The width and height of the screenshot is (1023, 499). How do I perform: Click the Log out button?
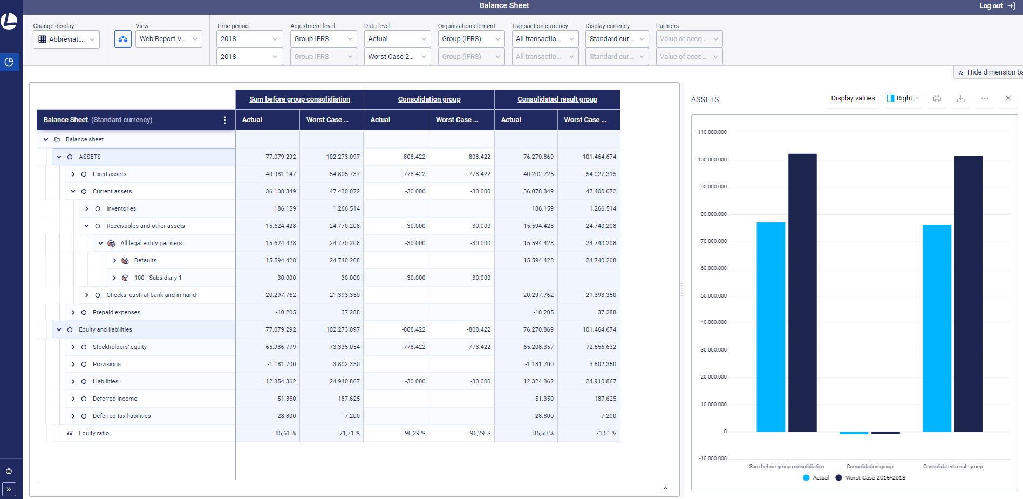997,6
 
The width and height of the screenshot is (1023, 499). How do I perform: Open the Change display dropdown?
66,39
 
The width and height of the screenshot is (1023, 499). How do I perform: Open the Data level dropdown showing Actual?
397,39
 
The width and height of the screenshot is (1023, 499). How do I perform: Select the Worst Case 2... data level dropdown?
397,57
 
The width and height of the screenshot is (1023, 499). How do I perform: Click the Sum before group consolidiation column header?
299,99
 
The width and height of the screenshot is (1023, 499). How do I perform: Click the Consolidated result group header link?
557,99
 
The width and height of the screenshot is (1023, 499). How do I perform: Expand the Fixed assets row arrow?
73,174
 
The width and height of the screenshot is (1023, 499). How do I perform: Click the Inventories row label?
121,208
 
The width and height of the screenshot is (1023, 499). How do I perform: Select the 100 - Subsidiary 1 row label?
158,278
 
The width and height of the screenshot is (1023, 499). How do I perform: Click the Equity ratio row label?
94,433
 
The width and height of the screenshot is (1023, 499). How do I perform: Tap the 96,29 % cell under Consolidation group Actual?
414,433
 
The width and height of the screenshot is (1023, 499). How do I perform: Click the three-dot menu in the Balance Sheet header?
224,120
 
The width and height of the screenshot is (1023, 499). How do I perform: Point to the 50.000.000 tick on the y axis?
713,296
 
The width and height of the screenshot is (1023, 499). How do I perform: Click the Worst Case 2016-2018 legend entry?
875,478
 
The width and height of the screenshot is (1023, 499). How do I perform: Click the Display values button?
852,98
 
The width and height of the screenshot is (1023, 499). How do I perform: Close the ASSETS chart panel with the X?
1008,98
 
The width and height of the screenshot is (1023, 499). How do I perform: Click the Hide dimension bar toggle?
990,72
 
